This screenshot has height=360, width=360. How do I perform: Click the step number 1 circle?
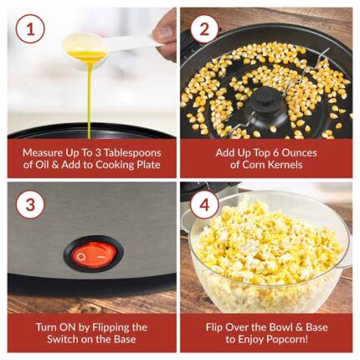click(30, 28)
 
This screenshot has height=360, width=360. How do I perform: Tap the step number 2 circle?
click(204, 29)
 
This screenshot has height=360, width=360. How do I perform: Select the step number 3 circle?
click(30, 204)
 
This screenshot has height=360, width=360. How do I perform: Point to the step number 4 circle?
click(204, 205)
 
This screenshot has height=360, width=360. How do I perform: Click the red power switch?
click(93, 255)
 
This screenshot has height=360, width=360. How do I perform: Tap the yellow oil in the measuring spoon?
click(86, 55)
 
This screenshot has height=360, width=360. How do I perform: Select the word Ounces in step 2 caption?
click(299, 153)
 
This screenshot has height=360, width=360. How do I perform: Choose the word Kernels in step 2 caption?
click(285, 165)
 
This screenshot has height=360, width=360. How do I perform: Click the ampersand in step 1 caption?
click(55, 165)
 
